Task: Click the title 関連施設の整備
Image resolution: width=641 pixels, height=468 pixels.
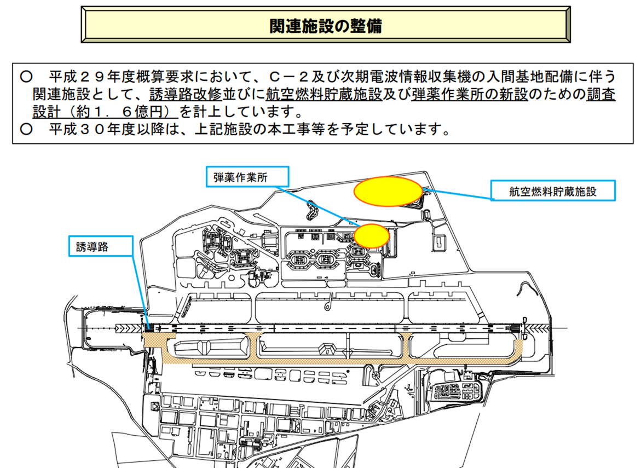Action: point(326,26)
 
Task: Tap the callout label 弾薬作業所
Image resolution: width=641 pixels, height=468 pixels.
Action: point(247,177)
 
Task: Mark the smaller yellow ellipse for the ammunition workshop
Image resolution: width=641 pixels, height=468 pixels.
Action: point(372,235)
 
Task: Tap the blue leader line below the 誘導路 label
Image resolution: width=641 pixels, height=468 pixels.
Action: point(140,290)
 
